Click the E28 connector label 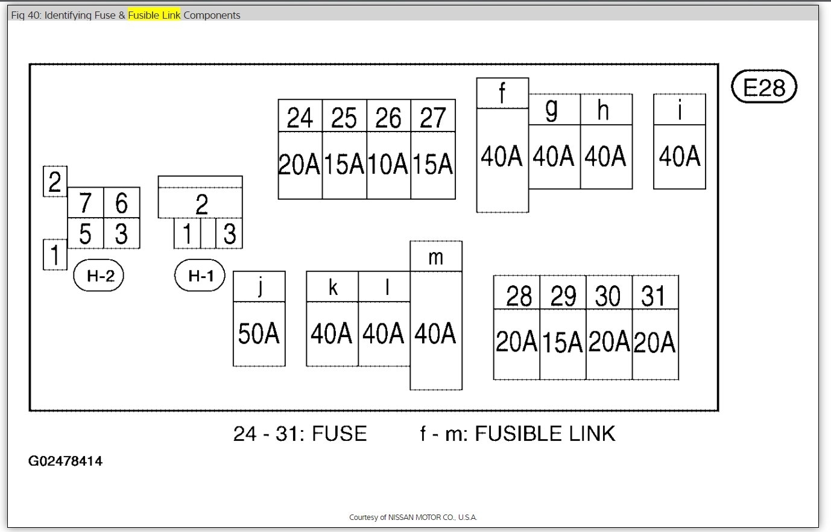point(764,87)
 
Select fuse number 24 point(300,118)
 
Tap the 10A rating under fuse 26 point(388,164)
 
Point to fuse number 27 point(432,118)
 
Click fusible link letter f point(502,94)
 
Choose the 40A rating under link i point(680,157)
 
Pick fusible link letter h point(603,110)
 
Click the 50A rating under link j point(259,334)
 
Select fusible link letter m point(435,257)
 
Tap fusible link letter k point(332,288)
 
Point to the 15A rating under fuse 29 point(563,343)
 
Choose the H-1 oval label point(200,276)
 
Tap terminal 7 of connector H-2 point(86,203)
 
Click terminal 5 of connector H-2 point(86,233)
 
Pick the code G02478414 point(65,461)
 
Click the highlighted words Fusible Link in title point(154,15)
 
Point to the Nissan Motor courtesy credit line point(412,518)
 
